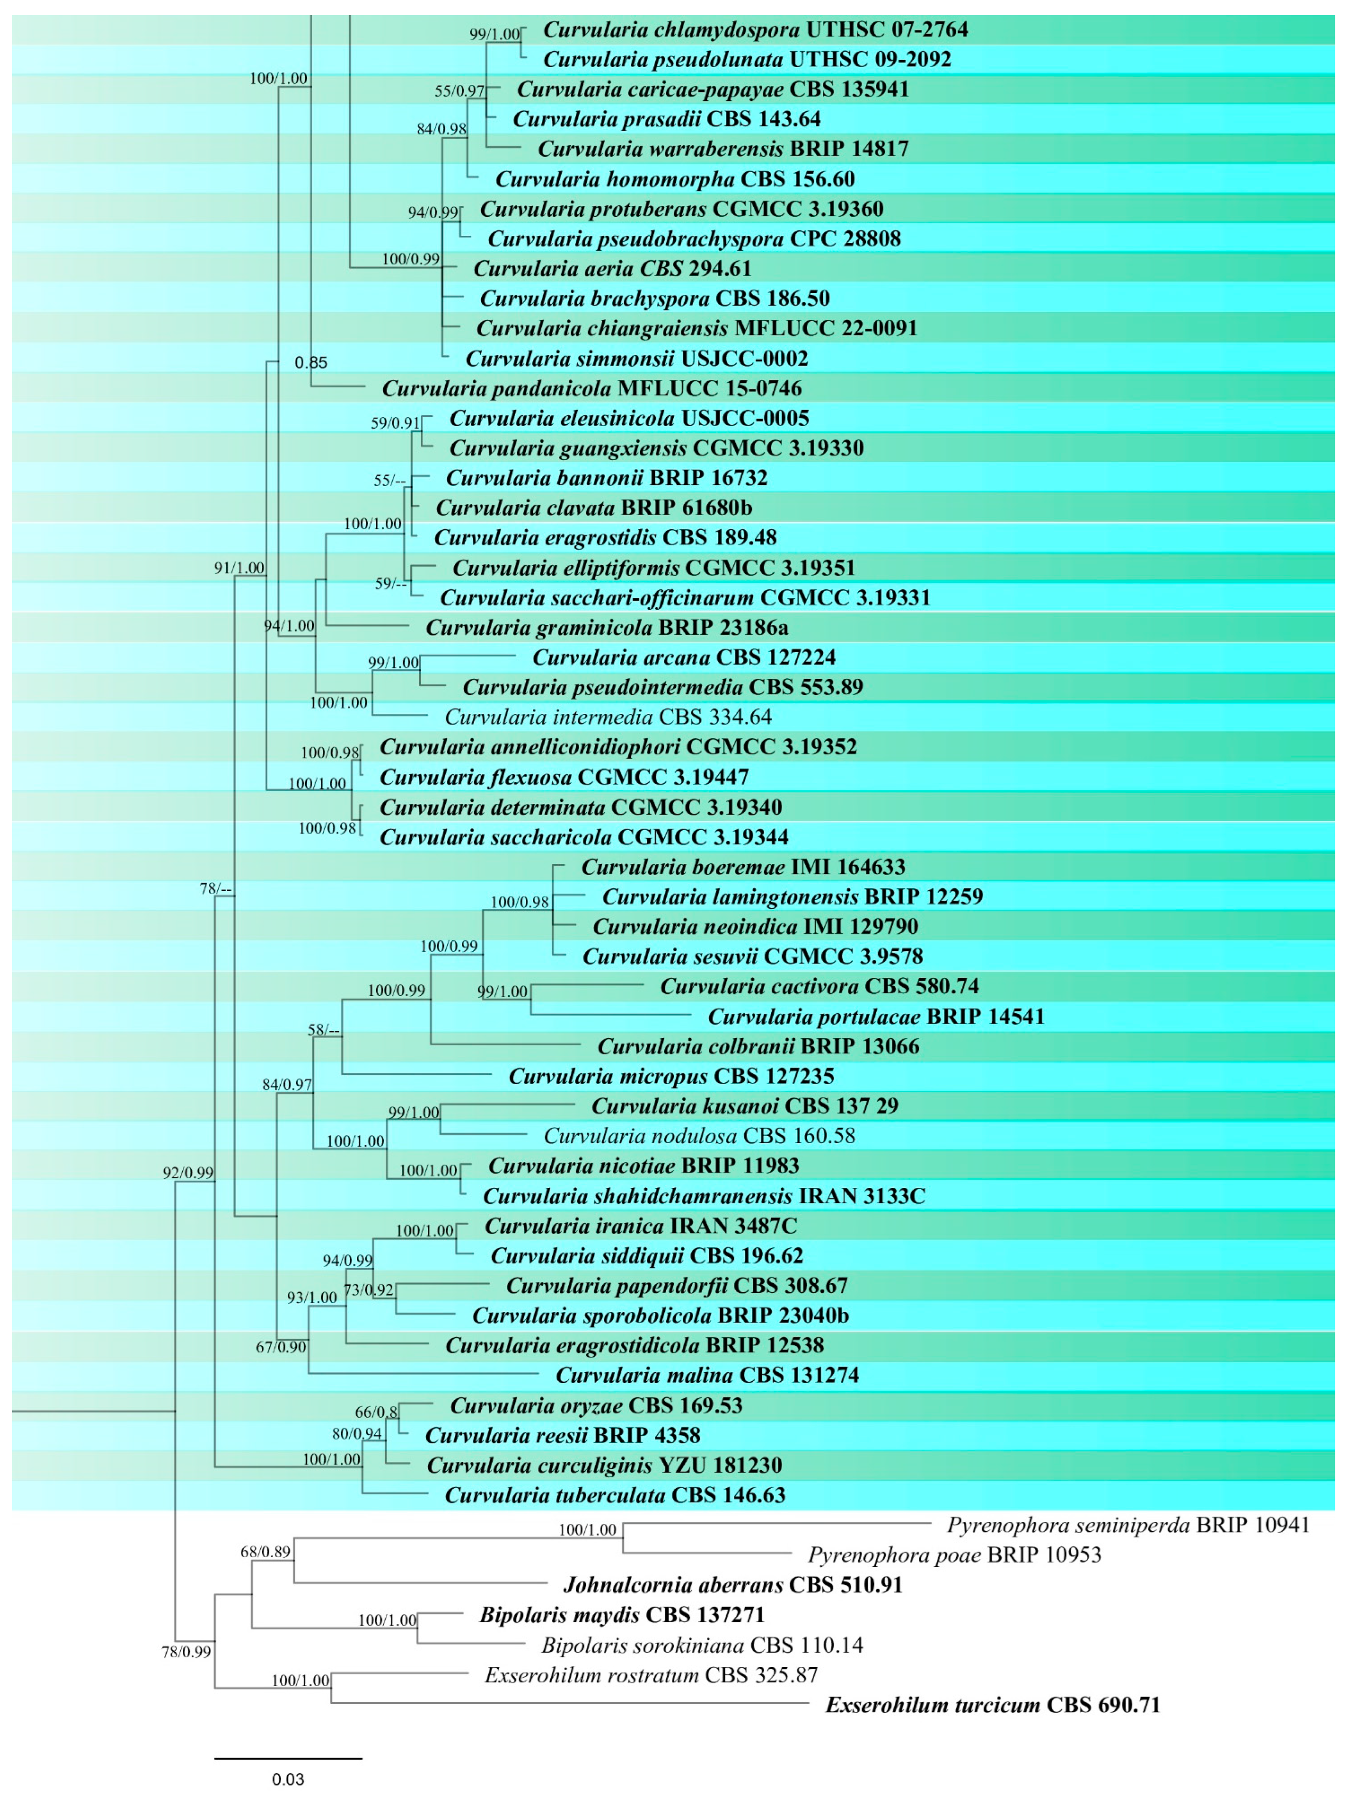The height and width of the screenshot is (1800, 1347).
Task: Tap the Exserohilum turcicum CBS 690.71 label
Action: click(992, 1705)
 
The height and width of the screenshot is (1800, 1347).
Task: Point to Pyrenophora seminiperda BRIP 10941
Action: click(1128, 1525)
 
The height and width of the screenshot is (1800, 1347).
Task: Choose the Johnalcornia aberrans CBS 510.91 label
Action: click(733, 1585)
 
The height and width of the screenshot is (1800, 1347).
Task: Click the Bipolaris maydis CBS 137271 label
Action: click(622, 1615)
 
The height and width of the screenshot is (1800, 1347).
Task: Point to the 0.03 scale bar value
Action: click(288, 1780)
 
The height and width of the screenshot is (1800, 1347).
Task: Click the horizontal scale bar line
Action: click(288, 1758)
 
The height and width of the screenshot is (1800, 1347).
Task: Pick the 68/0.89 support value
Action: click(265, 1552)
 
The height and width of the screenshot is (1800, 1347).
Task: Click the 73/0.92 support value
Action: click(369, 1290)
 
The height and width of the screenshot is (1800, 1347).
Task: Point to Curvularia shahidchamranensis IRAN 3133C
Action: click(704, 1196)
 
